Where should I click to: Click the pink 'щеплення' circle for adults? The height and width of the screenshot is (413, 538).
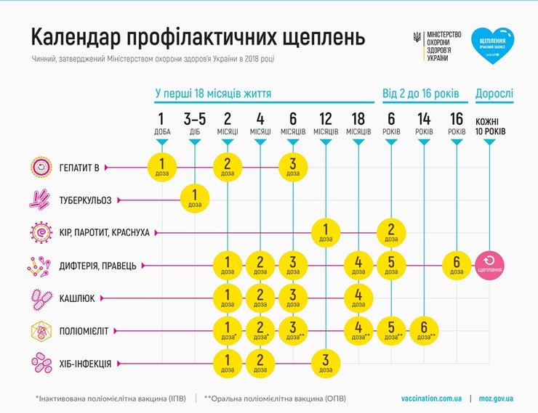(490, 265)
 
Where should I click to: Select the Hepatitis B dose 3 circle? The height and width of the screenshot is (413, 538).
(293, 166)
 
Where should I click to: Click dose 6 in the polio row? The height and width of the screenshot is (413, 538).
(424, 330)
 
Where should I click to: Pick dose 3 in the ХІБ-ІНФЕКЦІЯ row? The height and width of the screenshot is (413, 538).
(326, 362)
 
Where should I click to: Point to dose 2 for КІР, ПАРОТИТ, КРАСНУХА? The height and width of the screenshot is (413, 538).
(391, 232)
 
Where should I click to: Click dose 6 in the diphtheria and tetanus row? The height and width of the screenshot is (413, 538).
(457, 265)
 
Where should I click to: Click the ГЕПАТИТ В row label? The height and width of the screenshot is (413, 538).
(79, 167)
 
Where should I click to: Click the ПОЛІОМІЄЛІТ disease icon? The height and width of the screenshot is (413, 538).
(40, 330)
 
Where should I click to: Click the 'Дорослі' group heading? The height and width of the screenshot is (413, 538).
(494, 94)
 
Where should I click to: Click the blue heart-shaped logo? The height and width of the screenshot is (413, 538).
(492, 46)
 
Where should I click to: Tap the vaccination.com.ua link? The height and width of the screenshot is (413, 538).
(431, 398)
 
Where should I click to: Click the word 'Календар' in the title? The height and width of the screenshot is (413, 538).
(74, 38)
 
